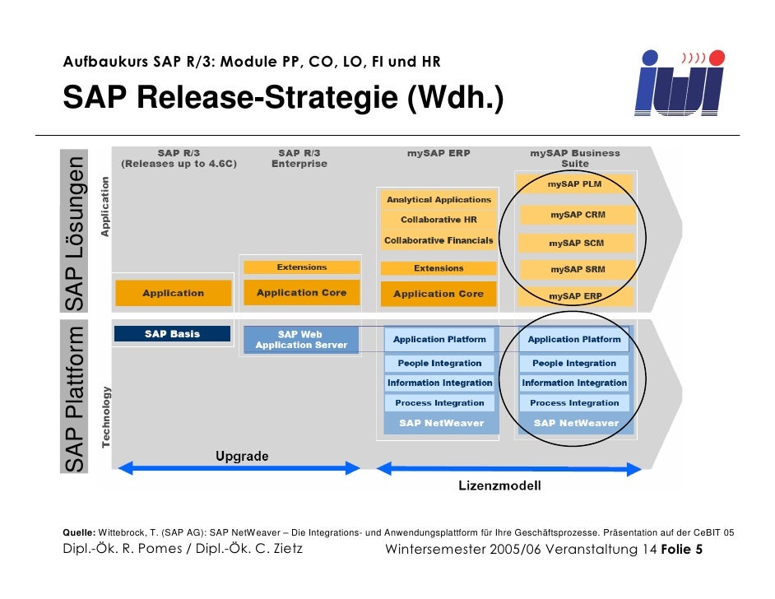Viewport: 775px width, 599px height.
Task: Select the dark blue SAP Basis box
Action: point(173,334)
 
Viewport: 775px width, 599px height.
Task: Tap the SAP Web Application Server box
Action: point(301,340)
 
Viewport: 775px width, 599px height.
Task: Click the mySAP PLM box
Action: point(575,184)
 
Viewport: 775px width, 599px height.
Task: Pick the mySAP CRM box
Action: point(577,215)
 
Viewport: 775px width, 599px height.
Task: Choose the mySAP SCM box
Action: point(577,244)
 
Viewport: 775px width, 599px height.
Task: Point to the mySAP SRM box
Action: point(577,269)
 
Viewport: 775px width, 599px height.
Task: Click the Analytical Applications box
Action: point(439,200)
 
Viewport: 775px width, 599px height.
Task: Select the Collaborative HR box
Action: point(439,221)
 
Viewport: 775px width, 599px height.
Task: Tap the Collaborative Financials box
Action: point(439,241)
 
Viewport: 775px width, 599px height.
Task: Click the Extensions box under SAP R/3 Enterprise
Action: point(301,267)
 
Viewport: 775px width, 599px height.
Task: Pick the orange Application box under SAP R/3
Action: point(173,293)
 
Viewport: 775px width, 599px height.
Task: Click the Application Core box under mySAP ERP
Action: point(439,294)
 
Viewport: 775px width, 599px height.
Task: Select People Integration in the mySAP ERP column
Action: point(439,363)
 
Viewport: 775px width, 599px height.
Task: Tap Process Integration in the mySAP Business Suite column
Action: point(574,403)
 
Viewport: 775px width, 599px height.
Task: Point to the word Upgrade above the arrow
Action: point(242,456)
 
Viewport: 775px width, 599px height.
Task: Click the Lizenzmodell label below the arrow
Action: point(499,486)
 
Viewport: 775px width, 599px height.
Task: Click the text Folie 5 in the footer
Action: point(682,550)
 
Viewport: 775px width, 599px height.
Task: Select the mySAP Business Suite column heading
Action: point(575,158)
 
